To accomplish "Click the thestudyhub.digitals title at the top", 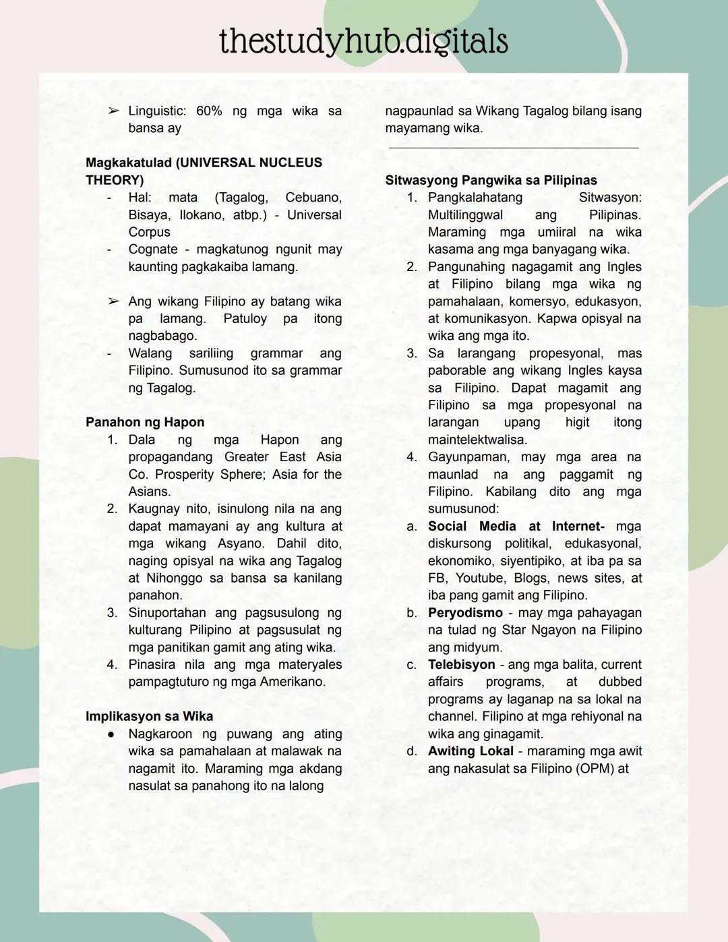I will click(363, 41).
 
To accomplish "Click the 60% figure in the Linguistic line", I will click(209, 111).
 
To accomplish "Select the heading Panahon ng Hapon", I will click(145, 422).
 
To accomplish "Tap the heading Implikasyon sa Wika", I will click(149, 716).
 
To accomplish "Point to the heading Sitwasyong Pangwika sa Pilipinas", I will click(491, 180).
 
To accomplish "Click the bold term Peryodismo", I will click(465, 613).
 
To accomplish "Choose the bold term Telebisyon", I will click(461, 664).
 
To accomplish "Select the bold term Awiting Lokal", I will click(471, 751).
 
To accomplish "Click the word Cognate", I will click(153, 249).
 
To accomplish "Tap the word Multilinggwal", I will click(465, 215).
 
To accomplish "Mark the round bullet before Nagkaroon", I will click(111, 734).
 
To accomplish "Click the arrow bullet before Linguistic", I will click(113, 111).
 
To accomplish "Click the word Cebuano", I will click(313, 198).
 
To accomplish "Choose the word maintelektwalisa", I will click(477, 440).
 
